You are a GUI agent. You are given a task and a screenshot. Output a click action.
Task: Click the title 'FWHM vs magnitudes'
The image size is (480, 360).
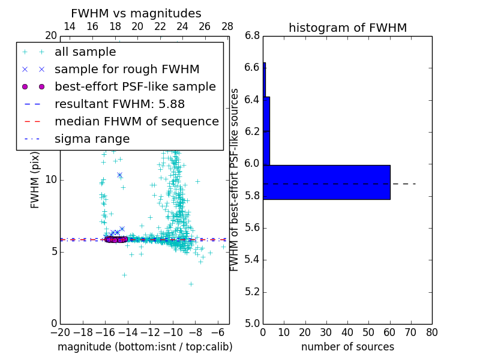pos(136,13)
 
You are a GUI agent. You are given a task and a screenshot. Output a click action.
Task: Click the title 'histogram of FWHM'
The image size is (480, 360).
pos(347,28)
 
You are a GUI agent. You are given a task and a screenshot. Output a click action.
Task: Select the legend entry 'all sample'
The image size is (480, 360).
pos(85,52)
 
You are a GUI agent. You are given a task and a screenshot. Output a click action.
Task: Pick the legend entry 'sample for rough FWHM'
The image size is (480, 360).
pos(127,70)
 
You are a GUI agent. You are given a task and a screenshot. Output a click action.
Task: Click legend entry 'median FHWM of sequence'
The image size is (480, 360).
pos(136,122)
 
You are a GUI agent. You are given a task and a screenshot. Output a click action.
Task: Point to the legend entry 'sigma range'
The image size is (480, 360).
pos(92,139)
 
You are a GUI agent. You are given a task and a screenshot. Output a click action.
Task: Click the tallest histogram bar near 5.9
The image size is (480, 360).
pos(326,182)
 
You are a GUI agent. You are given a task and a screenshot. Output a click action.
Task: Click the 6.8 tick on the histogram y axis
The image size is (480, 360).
pos(252,36)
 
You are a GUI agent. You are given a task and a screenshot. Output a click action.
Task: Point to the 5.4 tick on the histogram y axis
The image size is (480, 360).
pos(252,260)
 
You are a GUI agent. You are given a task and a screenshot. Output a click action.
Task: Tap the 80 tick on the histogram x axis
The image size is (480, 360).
pos(432,332)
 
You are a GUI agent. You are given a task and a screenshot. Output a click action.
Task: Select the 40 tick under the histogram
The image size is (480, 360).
pos(347,332)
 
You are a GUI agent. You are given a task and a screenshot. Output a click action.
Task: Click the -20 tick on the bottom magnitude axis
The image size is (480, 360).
pos(60,332)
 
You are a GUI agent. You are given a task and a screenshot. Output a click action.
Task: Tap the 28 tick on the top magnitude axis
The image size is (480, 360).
pos(227,27)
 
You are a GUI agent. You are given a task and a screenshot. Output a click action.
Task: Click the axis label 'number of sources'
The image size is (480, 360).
pos(347,347)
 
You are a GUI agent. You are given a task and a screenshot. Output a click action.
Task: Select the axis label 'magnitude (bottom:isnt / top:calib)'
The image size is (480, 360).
pos(145,347)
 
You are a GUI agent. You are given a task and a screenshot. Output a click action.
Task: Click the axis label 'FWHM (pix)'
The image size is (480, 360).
pos(35,180)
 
